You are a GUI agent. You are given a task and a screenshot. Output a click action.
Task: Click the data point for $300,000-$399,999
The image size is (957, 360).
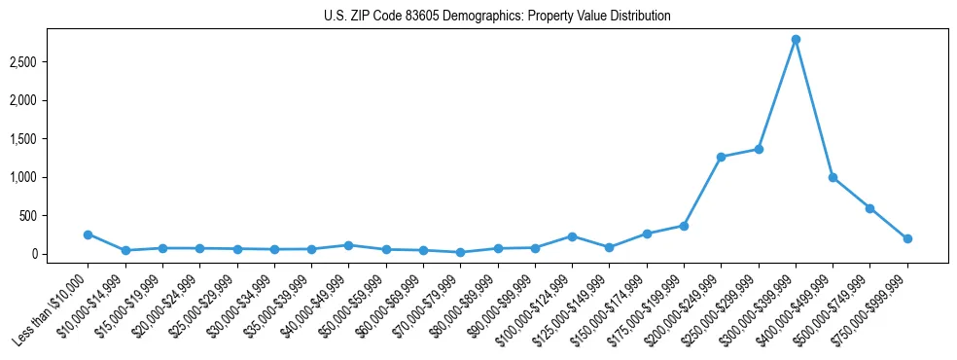point(796,39)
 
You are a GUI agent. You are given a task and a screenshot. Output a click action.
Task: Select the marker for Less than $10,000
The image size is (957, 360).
point(88,234)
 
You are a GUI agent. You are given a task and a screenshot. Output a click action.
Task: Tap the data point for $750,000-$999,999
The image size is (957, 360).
point(907,238)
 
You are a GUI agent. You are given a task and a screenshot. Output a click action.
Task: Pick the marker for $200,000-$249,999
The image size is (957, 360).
point(721,157)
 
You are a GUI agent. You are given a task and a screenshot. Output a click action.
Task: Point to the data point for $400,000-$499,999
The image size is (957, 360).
point(833,177)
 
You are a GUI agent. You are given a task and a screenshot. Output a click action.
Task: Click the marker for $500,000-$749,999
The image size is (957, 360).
point(869,208)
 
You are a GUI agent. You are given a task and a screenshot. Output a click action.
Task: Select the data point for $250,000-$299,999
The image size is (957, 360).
point(759,149)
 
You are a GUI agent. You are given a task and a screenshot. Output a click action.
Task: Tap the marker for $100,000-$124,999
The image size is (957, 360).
point(572,236)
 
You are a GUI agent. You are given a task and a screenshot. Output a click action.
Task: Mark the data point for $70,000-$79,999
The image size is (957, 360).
point(460,252)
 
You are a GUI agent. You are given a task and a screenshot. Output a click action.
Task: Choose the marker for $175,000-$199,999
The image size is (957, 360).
point(684,226)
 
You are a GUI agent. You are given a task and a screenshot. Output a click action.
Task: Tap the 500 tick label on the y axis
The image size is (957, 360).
point(40,216)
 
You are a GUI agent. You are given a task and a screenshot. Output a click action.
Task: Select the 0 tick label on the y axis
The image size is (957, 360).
point(46,254)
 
